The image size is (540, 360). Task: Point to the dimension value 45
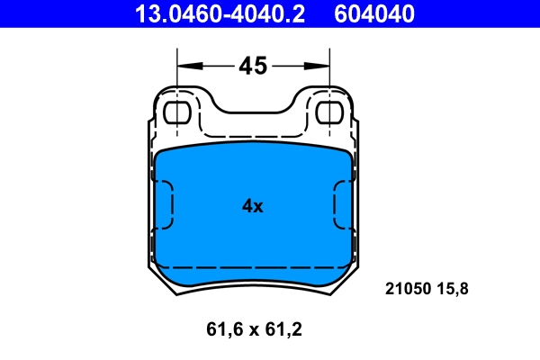coord(252,65)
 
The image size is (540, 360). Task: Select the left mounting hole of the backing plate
coord(178,112)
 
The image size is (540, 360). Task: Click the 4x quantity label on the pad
coord(252,206)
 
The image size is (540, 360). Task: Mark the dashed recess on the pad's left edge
coord(164,204)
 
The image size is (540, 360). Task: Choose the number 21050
coord(407,289)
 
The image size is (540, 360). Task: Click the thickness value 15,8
coord(453,289)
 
